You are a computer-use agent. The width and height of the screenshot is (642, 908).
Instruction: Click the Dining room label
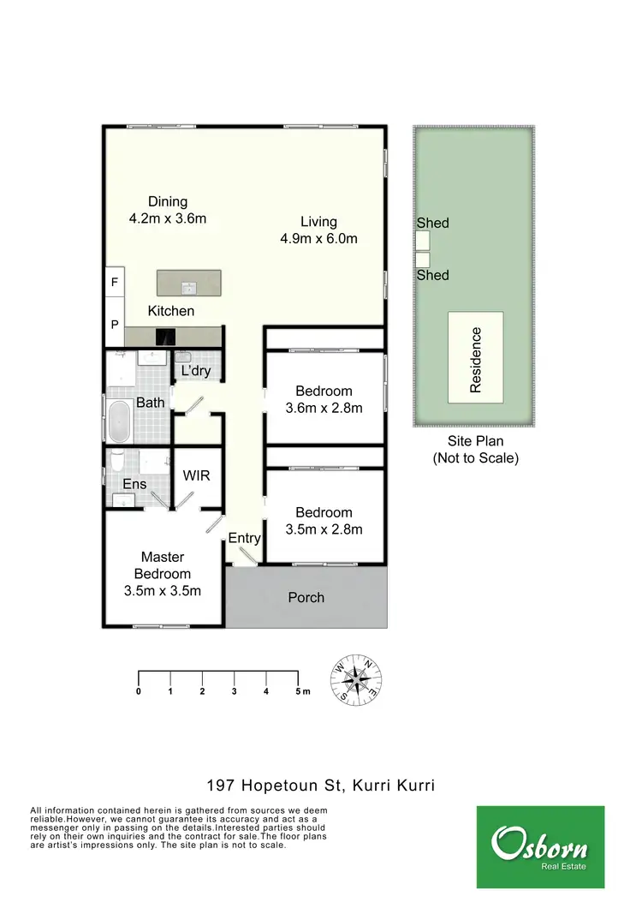(x=168, y=202)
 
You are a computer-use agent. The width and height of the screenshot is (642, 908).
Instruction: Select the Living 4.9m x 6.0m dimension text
(x=318, y=239)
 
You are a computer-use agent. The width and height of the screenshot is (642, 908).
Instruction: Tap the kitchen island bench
(x=188, y=283)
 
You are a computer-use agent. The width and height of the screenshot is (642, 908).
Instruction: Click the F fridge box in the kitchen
(x=115, y=281)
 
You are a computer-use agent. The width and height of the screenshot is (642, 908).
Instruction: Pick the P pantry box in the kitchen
(x=115, y=325)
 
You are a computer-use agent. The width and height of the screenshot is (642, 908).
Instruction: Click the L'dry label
(x=195, y=371)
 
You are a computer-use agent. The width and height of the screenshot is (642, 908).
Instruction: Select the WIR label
(x=197, y=476)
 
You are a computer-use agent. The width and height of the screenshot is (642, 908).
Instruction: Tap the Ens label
(x=134, y=484)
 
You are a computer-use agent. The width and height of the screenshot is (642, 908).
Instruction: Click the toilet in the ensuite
(x=117, y=463)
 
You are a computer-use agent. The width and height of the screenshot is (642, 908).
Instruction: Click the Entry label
(x=244, y=538)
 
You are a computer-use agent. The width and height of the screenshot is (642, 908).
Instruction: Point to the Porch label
(x=306, y=597)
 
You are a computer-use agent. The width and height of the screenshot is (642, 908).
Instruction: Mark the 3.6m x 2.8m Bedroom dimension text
(x=324, y=408)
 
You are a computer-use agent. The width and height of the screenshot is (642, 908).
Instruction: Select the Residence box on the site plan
(x=475, y=358)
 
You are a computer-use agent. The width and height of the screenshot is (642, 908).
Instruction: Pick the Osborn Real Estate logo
(x=539, y=845)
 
